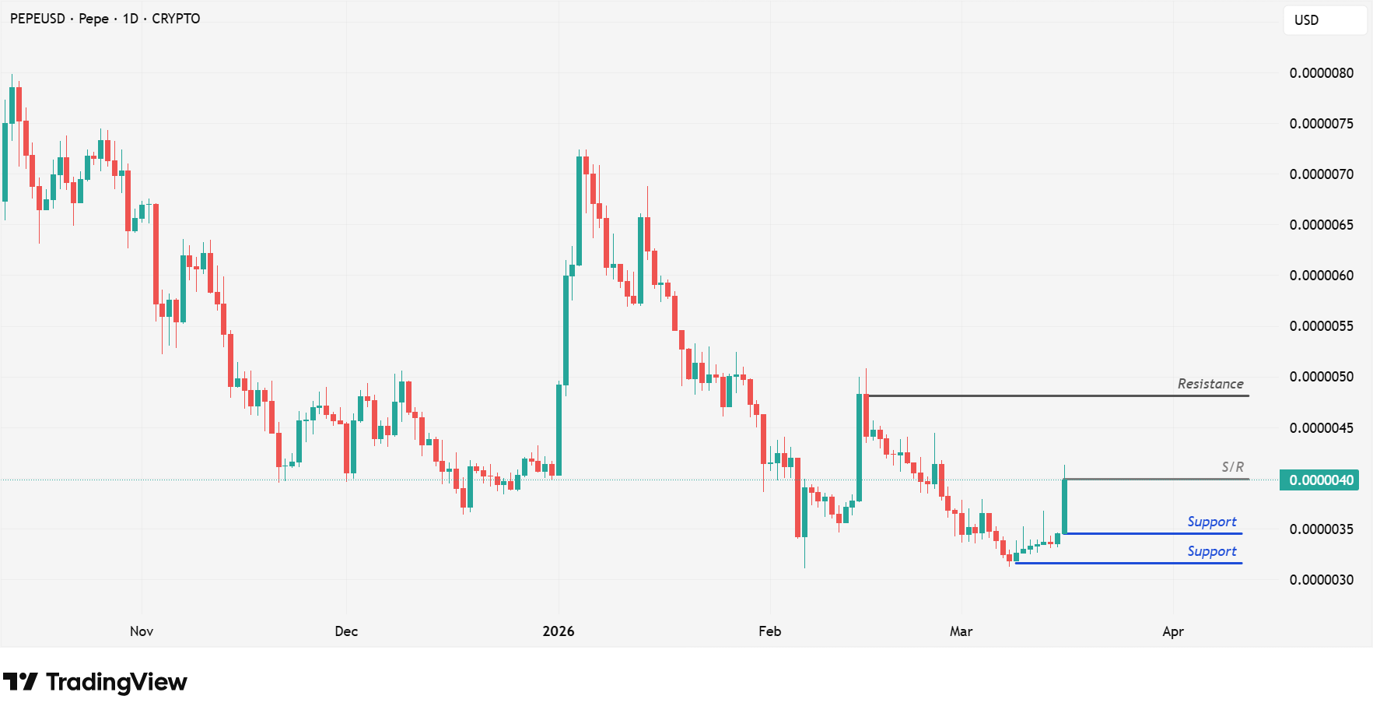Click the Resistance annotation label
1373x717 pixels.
(1210, 384)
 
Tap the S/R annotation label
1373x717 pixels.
(1232, 467)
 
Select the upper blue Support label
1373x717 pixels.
(1211, 522)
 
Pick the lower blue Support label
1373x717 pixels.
(1211, 551)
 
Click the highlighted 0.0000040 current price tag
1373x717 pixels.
(1320, 480)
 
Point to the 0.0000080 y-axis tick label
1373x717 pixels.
(1321, 73)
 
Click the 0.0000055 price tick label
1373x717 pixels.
(1321, 326)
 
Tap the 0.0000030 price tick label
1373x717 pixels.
(1321, 580)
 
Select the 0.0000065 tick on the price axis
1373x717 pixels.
(1321, 225)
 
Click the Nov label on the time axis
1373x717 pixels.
(142, 631)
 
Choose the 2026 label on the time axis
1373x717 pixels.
(558, 631)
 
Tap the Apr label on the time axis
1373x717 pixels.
(1172, 631)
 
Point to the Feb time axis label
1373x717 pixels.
(769, 631)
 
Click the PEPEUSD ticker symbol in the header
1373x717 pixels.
(37, 19)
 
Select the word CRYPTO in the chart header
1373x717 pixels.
(176, 19)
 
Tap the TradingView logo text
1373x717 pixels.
(116, 682)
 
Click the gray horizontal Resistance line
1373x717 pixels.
(1050, 396)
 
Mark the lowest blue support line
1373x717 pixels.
(1128, 563)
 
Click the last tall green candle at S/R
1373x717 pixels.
(1064, 506)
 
